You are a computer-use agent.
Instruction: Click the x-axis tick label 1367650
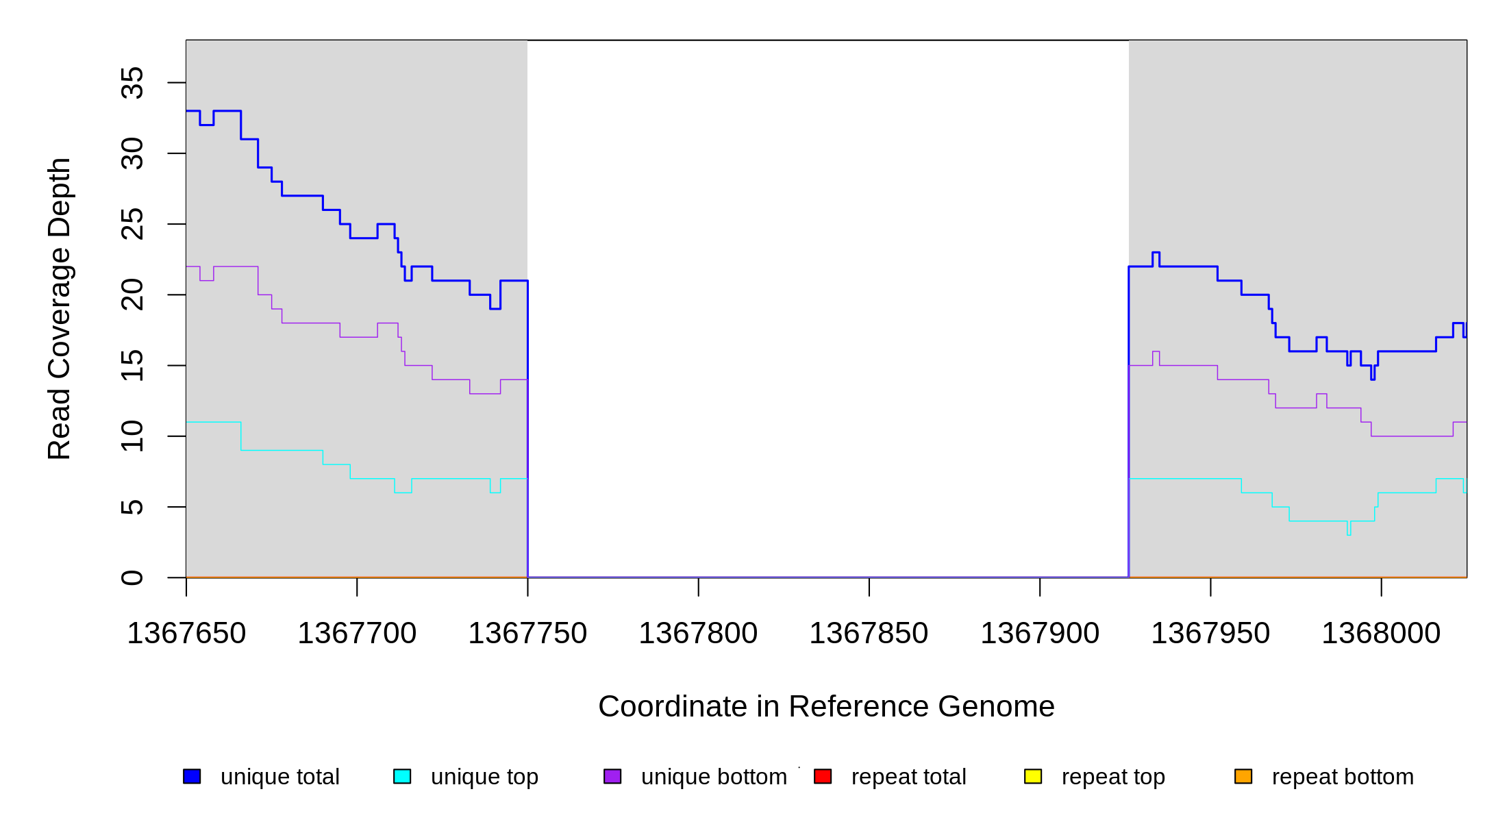pyautogui.click(x=186, y=634)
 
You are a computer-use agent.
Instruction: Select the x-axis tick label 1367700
pyautogui.click(x=357, y=634)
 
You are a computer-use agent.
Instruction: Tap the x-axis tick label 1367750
pyautogui.click(x=527, y=634)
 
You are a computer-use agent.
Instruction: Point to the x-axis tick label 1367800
pyautogui.click(x=698, y=634)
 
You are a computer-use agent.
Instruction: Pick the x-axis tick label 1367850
pyautogui.click(x=869, y=634)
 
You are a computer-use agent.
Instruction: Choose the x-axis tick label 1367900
pyautogui.click(x=1040, y=634)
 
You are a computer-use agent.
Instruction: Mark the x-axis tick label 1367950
pyautogui.click(x=1210, y=634)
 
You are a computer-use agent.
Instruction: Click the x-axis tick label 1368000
pyautogui.click(x=1381, y=634)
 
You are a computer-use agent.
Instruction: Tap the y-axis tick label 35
pyautogui.click(x=132, y=83)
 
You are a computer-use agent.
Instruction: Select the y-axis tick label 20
pyautogui.click(x=132, y=295)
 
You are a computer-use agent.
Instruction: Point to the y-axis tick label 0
pyautogui.click(x=132, y=577)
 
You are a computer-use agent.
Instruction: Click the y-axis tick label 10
pyautogui.click(x=132, y=436)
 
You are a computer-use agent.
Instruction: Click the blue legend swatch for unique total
pyautogui.click(x=192, y=776)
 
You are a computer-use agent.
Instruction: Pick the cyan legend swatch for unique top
pyautogui.click(x=402, y=776)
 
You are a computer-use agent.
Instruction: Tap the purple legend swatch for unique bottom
pyautogui.click(x=612, y=776)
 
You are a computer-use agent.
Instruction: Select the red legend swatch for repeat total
pyautogui.click(x=823, y=776)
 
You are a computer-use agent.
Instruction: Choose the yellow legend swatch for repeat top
pyautogui.click(x=1033, y=776)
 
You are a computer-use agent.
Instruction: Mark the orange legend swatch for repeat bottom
pyautogui.click(x=1243, y=776)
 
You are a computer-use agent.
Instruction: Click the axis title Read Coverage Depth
pyautogui.click(x=60, y=308)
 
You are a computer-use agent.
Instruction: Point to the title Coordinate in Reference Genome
pyautogui.click(x=826, y=706)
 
